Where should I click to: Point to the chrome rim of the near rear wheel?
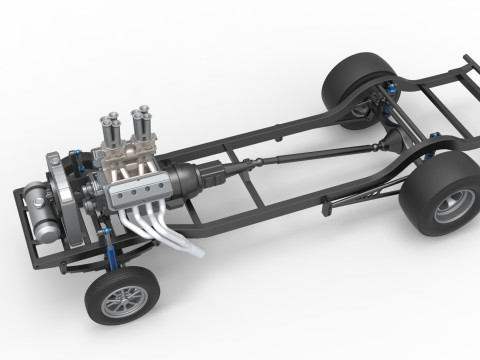click(439, 212)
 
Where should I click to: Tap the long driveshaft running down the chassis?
click(300, 154)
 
